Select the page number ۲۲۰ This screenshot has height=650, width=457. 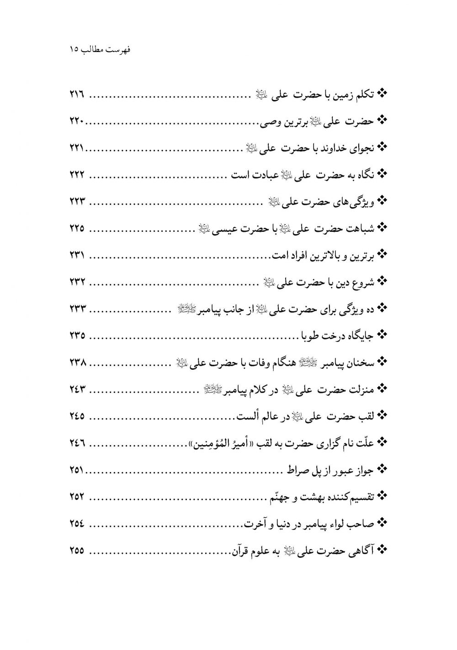point(78,121)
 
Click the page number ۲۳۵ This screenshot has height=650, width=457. point(78,336)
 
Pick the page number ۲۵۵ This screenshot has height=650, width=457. point(78,550)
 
